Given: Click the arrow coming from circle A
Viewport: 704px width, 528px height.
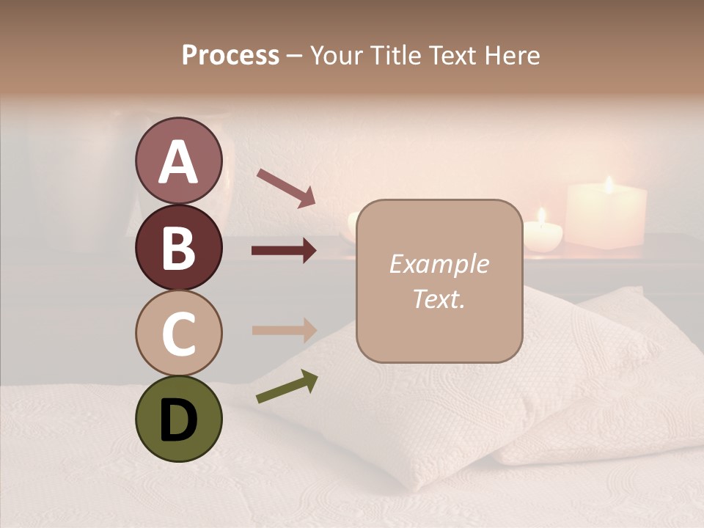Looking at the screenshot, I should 286,188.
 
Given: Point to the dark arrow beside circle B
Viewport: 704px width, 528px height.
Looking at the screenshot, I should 284,251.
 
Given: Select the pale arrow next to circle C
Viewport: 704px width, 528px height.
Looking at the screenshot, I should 284,329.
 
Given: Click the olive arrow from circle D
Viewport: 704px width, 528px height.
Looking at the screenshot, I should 287,387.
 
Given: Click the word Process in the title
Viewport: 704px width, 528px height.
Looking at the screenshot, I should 230,55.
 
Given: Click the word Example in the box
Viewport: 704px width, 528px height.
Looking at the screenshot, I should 439,264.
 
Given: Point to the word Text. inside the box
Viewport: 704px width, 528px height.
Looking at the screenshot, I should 439,298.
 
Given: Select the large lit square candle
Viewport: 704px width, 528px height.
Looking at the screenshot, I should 606,216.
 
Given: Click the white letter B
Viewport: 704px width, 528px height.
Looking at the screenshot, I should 178,248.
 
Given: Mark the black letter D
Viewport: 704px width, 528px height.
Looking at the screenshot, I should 178,419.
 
